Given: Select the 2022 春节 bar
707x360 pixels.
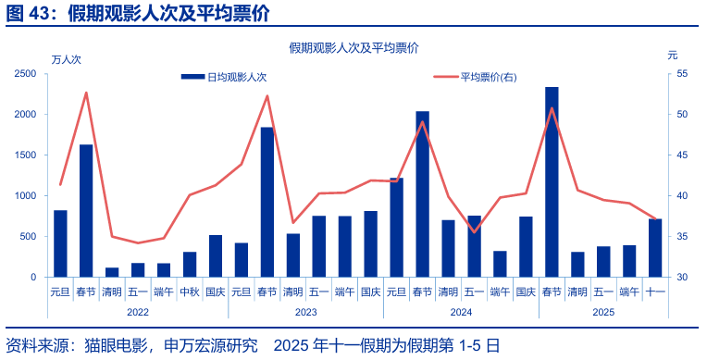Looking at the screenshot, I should click(x=86, y=211).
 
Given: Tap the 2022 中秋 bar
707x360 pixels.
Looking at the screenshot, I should click(x=190, y=265).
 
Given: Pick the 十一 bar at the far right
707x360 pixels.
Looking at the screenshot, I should click(x=655, y=248).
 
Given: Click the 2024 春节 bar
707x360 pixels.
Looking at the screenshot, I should click(x=422, y=194).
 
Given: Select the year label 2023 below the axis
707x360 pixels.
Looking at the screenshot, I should click(x=306, y=313).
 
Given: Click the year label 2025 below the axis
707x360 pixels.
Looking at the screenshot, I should click(x=603, y=313).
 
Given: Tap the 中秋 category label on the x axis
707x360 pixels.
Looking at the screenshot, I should click(x=190, y=292).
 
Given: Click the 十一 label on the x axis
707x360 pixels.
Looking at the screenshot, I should click(x=655, y=292).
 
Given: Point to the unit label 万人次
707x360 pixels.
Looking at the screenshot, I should click(x=67, y=59).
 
